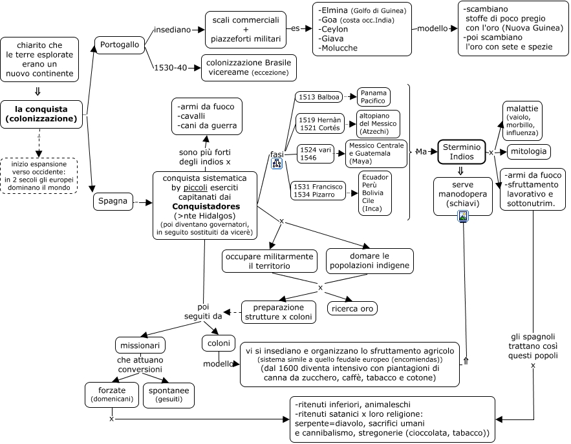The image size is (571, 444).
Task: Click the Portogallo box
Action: point(120,45)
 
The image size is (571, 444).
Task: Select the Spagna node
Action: point(113,201)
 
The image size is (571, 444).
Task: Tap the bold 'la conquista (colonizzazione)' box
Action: point(41,114)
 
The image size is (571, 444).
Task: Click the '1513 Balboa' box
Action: point(319,97)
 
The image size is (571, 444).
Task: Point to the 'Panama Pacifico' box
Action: point(373,97)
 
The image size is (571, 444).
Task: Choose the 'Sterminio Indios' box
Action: point(461,152)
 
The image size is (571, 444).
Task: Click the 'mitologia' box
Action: point(528,151)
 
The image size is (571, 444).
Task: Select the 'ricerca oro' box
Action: point(352,309)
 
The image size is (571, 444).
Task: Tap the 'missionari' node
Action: point(140,345)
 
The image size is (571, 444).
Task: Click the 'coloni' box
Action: point(219,343)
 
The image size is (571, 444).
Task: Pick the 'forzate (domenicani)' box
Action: point(112,394)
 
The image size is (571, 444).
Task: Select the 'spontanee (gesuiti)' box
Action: point(169,395)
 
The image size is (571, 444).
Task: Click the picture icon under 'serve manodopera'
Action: point(463,216)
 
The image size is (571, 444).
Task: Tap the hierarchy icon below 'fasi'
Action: point(277,164)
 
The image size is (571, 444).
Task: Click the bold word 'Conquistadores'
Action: point(206,206)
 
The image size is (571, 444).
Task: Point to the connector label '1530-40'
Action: point(171,68)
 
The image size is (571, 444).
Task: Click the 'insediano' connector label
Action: point(172,30)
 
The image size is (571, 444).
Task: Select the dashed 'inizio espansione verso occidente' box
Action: point(39,176)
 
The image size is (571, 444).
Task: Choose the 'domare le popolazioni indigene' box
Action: point(370,261)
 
